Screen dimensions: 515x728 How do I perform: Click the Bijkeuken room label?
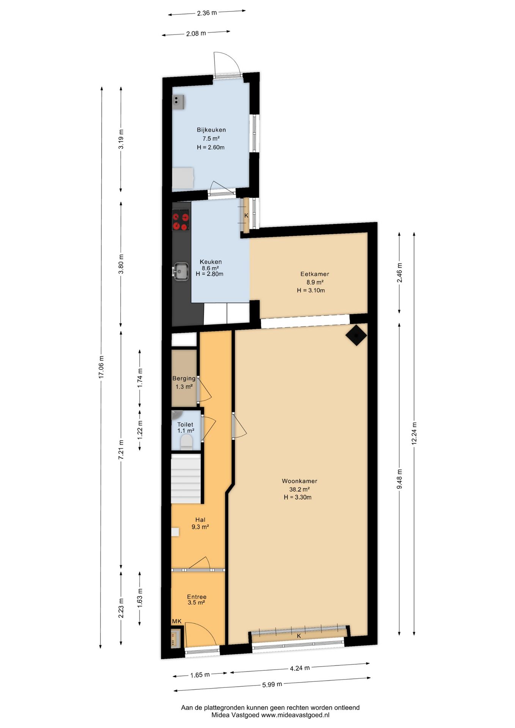[211, 130]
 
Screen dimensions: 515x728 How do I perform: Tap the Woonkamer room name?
[299, 481]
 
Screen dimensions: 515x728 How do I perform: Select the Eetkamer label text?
[315, 274]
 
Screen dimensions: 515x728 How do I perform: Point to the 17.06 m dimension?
[101, 367]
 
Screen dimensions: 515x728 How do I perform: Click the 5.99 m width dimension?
[272, 684]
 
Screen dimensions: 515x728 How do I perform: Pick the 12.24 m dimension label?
[414, 433]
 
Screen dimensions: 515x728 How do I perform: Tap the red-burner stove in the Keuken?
[181, 222]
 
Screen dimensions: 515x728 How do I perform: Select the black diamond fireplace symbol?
[356, 335]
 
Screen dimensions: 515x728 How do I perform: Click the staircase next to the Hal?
[185, 480]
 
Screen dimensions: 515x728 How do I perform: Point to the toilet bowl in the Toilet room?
[186, 442]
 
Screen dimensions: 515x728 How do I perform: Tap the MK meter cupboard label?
[177, 621]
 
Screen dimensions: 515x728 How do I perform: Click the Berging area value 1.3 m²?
[184, 387]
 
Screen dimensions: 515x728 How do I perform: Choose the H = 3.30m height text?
[298, 497]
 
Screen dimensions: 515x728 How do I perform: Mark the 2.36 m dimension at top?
[207, 13]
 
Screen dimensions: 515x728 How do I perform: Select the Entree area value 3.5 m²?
[196, 602]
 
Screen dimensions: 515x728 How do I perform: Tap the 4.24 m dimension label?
[300, 668]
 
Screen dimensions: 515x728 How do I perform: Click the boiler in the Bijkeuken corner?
[179, 102]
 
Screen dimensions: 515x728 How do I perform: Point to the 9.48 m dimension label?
[399, 479]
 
